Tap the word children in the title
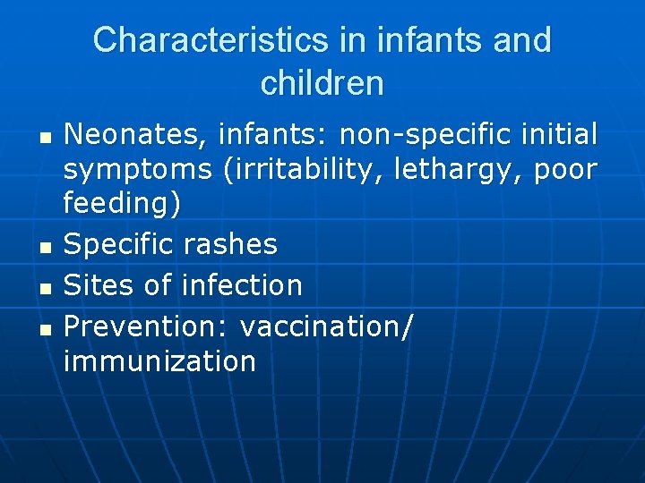coord(322,83)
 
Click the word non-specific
coord(420,135)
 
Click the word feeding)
coord(123,204)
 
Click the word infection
coord(242,285)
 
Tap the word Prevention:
coord(147,326)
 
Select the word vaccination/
coord(327,326)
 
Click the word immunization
coord(160,361)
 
